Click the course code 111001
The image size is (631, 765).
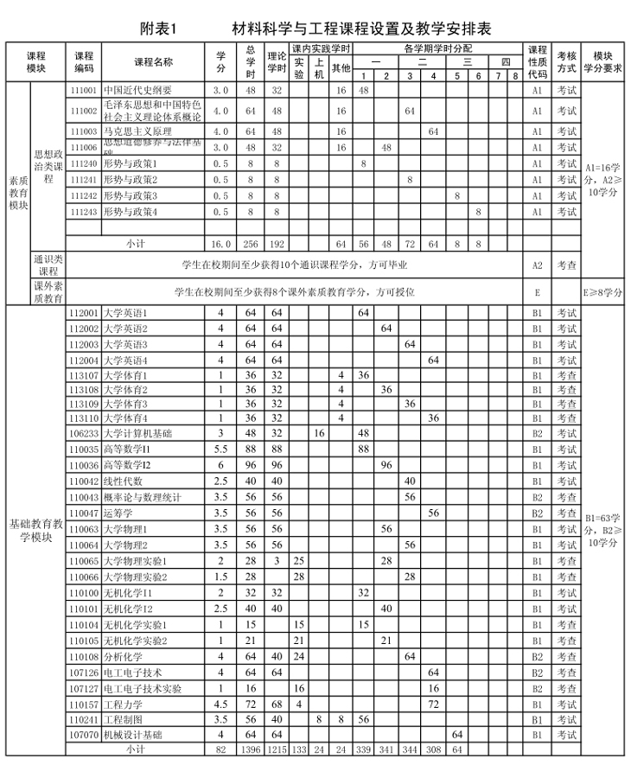click(x=83, y=90)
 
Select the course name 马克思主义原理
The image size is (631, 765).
click(x=137, y=131)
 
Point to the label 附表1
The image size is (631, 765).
click(x=157, y=28)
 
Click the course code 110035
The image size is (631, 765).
click(x=83, y=449)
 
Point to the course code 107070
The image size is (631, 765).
click(x=83, y=735)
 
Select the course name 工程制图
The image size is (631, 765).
click(x=120, y=719)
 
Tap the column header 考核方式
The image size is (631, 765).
click(x=566, y=62)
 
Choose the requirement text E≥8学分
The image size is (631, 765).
click(x=603, y=292)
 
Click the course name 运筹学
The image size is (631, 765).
click(x=117, y=513)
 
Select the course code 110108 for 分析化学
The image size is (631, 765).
click(x=83, y=656)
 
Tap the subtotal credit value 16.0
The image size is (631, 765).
click(x=220, y=245)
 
